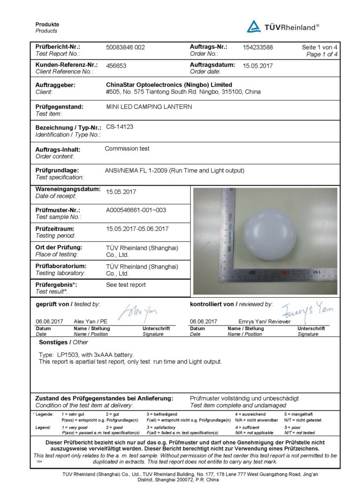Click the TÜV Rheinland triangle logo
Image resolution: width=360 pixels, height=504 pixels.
pyautogui.click(x=254, y=26)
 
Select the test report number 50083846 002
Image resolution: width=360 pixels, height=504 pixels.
pyautogui.click(x=126, y=47)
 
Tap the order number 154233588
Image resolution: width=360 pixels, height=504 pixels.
pyautogui.click(x=258, y=47)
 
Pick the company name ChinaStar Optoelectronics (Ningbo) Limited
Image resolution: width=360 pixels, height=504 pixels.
pyautogui.click(x=169, y=85)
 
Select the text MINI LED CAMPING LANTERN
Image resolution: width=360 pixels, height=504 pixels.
pyautogui.click(x=149, y=106)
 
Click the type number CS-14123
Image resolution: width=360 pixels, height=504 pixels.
pyautogui.click(x=120, y=126)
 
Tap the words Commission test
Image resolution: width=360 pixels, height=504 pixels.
pyautogui.click(x=127, y=148)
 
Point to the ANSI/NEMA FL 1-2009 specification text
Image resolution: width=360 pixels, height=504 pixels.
pyautogui.click(x=174, y=171)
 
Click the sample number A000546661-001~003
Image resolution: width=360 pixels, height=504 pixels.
pyautogui.click(x=136, y=210)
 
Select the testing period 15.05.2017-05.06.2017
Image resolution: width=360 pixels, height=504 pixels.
pyautogui.click(x=137, y=229)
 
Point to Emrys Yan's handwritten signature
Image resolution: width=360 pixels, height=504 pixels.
pyautogui.click(x=307, y=310)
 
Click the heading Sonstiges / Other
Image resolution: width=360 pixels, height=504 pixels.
pyautogui.click(x=63, y=342)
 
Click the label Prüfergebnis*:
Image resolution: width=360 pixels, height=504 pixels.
pyautogui.click(x=56, y=284)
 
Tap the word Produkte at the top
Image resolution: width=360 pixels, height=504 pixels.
pyautogui.click(x=47, y=25)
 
